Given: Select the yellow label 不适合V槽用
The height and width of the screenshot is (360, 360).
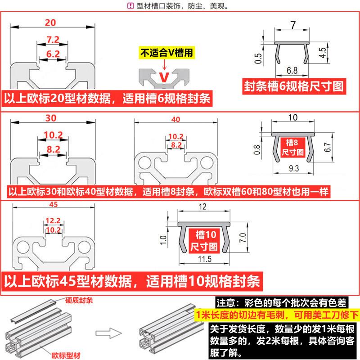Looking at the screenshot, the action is [x=167, y=52].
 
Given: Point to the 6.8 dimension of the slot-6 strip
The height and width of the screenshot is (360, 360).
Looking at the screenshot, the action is [x=291, y=70].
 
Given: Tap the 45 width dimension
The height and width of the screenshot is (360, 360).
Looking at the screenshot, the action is [x=53, y=206].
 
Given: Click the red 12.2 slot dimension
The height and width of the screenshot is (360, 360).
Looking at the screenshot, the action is [x=53, y=220].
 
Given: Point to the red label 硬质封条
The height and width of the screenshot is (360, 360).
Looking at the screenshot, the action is [x=79, y=301].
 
